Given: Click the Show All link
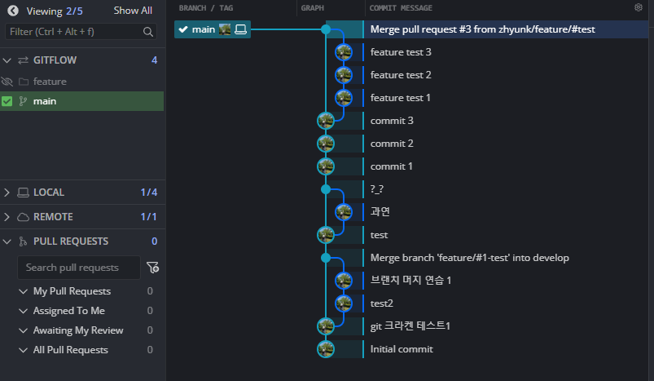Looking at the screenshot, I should tap(133, 11).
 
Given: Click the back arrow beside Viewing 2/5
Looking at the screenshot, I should tap(12, 11).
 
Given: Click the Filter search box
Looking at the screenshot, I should tap(73, 32).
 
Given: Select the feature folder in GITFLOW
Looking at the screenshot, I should tap(50, 82).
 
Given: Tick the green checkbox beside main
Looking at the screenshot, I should tap(7, 101).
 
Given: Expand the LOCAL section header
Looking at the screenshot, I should tap(49, 193).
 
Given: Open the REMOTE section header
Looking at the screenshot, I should tap(53, 217).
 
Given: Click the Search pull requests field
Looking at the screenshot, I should tap(77, 268).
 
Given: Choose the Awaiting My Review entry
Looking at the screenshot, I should tap(78, 330).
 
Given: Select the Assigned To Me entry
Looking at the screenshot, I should tap(68, 311).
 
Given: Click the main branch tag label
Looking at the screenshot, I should tap(204, 29).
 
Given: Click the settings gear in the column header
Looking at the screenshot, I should tap(639, 7).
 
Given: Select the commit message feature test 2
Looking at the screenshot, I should tap(401, 75).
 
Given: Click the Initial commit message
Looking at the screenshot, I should tap(402, 349).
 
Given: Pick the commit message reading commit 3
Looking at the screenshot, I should tap(392, 121).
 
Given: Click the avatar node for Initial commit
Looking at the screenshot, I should tap(326, 349).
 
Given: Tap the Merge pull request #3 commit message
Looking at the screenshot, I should tap(482, 29).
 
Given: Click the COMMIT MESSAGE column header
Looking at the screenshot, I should tap(401, 7).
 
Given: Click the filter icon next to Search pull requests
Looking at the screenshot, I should tap(152, 268).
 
